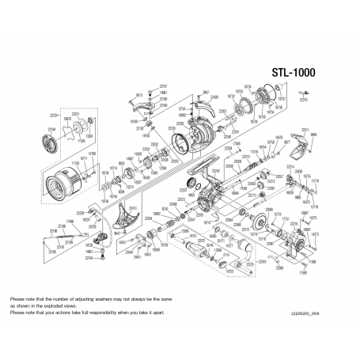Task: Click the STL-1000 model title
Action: (291, 72)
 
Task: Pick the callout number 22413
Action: (132, 207)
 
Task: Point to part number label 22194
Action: (89, 258)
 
